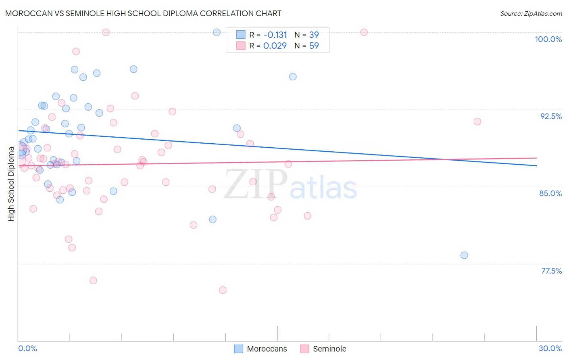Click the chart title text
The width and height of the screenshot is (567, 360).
(143, 13)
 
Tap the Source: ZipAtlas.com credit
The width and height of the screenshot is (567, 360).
(531, 13)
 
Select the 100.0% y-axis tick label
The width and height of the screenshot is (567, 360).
(548, 39)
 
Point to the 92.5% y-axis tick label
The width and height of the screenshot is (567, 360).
(551, 116)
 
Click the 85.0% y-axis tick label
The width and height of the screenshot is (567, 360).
(550, 193)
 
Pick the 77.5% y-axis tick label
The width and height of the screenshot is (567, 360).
(551, 271)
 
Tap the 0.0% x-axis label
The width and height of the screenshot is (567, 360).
(27, 348)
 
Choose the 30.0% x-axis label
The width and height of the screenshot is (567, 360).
(550, 348)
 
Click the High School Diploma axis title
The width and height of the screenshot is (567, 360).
(11, 184)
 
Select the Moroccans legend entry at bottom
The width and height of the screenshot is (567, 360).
(261, 349)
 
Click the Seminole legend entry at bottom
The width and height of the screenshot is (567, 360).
(323, 349)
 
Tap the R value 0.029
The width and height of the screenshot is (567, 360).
(275, 46)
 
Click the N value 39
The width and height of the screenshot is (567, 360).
(314, 35)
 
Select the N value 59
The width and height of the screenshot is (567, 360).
(314, 46)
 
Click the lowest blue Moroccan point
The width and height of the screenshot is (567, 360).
(464, 255)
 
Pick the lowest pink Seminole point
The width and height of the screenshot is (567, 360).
(223, 290)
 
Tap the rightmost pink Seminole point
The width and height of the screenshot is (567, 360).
(477, 121)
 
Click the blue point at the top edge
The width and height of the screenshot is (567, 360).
(217, 32)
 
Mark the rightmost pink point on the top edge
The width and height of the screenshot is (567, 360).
(364, 32)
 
